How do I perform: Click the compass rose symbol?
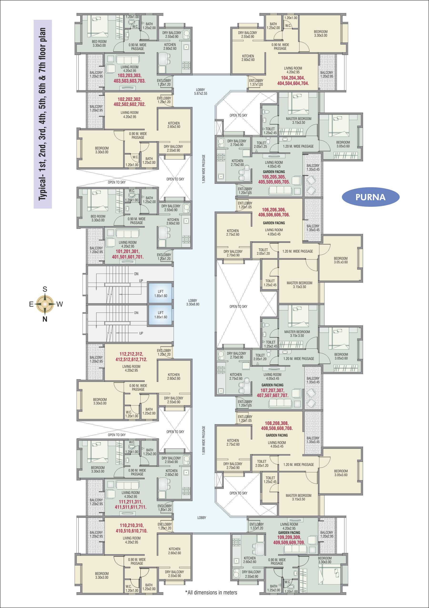[x=45, y=304]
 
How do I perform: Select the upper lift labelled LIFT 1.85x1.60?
[x=161, y=294]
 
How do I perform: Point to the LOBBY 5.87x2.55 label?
[x=201, y=92]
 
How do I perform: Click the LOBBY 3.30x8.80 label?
[x=193, y=302]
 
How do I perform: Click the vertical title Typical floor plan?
[x=42, y=114]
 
